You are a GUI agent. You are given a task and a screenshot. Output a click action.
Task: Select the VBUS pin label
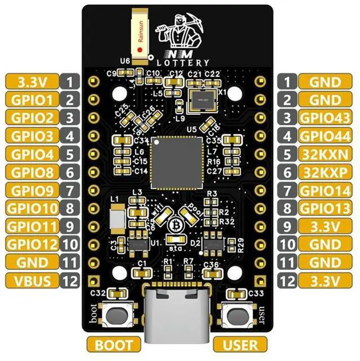click(32, 280)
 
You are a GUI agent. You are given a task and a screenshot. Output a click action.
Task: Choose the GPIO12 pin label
click(32, 244)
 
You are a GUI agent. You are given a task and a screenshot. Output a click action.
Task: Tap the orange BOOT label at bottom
click(114, 344)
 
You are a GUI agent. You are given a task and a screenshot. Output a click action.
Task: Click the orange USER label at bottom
click(240, 344)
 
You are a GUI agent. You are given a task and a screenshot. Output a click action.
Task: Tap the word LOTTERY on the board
click(183, 63)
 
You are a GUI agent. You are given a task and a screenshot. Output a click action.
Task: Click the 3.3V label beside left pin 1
click(32, 81)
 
